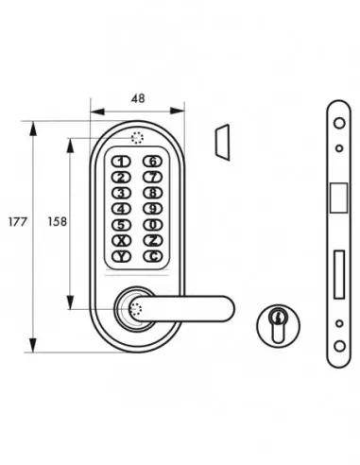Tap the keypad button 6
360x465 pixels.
click(x=152, y=161)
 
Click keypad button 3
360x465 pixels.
click(x=122, y=192)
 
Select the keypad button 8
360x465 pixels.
click(x=152, y=192)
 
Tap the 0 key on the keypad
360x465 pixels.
click(x=152, y=224)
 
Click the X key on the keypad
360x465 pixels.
click(x=122, y=240)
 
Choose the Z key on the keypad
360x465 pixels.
click(x=152, y=240)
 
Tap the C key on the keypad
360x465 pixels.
click(x=152, y=255)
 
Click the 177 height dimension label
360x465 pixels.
click(x=16, y=224)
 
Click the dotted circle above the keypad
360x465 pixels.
click(x=138, y=137)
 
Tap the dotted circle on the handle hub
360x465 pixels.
click(x=133, y=308)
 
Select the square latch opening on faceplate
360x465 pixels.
click(x=337, y=198)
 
